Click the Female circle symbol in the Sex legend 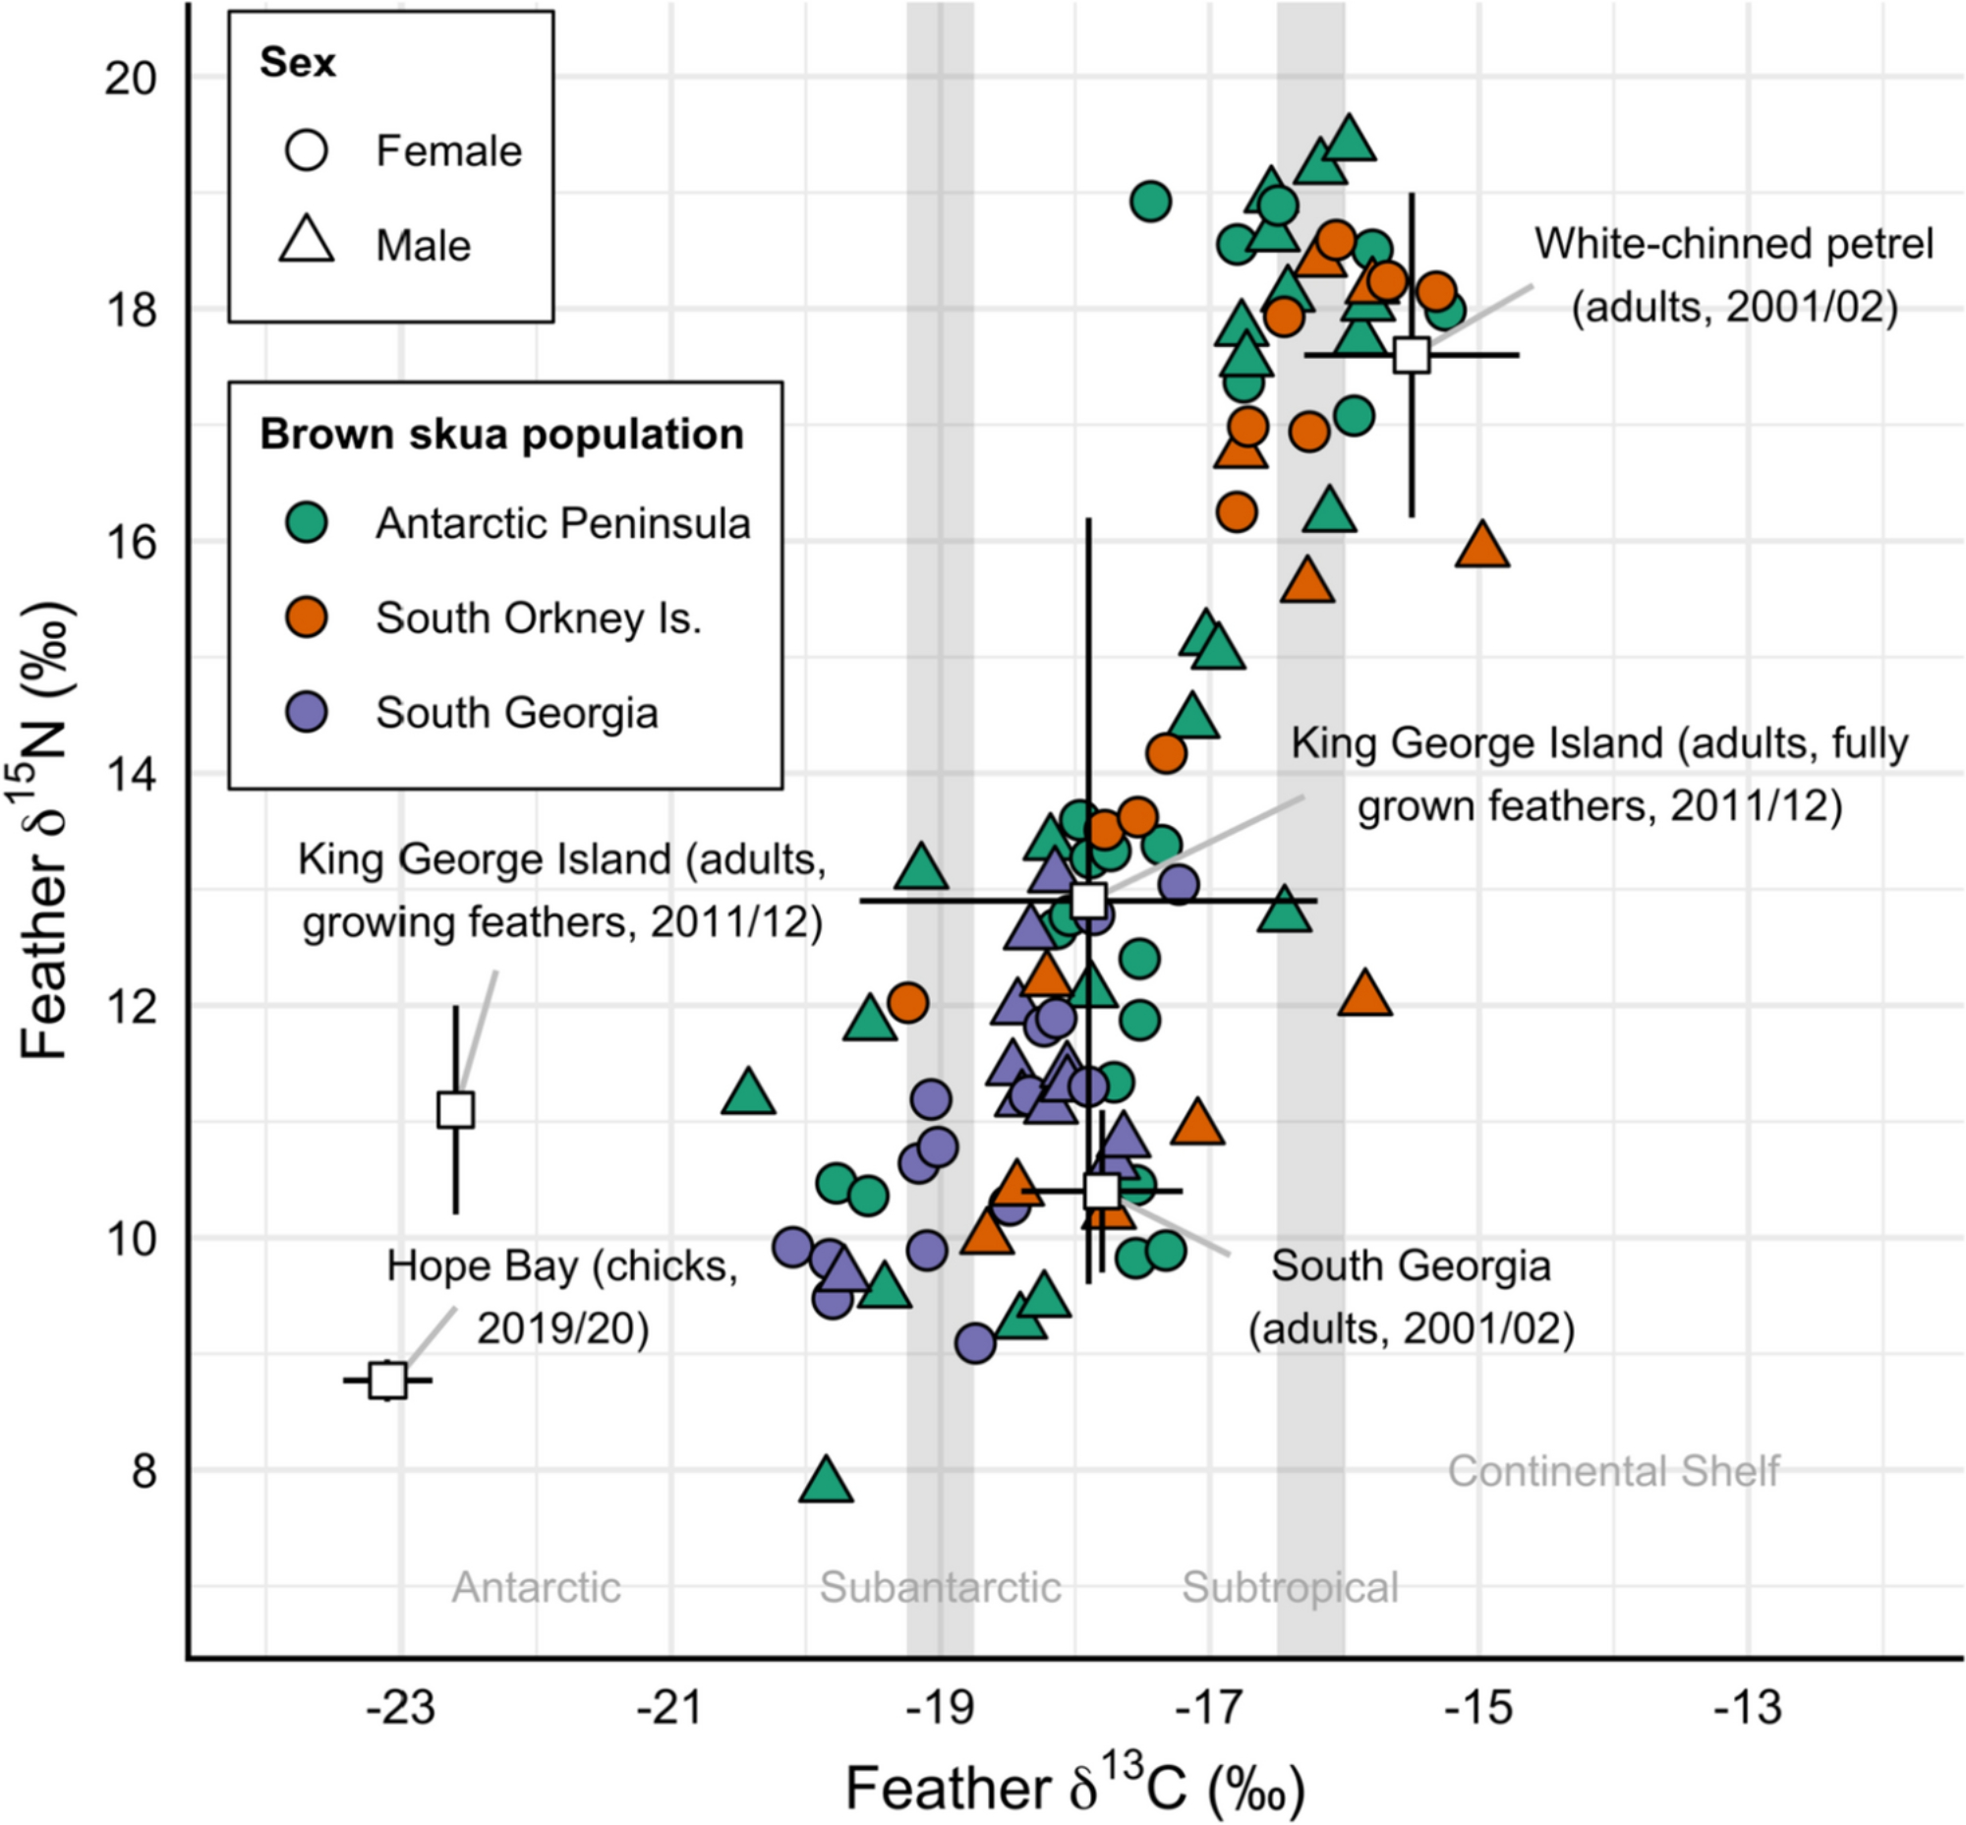[306, 151]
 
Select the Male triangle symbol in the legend [306, 242]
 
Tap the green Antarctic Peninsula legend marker [306, 522]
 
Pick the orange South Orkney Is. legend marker [306, 618]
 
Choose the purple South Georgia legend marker [306, 712]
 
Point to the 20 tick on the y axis [132, 77]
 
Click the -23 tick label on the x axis [400, 1706]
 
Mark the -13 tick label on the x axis [1748, 1706]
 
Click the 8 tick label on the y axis [145, 1470]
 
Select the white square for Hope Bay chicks [388, 1380]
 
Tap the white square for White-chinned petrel [1412, 355]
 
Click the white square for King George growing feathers [455, 1110]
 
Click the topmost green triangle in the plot [1350, 140]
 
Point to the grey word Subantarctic [940, 1588]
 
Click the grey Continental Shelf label [1613, 1471]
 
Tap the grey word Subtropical [1290, 1588]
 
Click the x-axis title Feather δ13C [1074, 1786]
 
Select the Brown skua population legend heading [501, 435]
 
